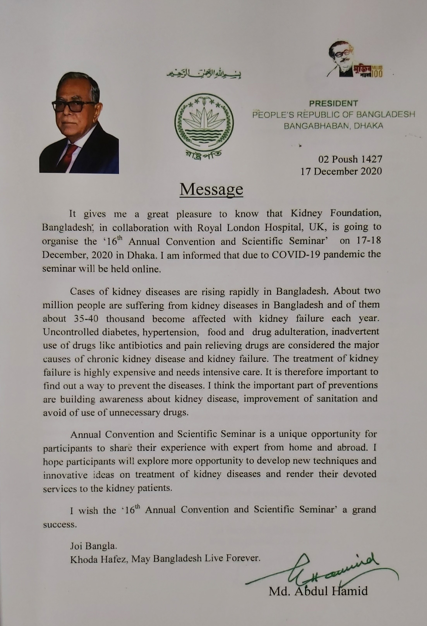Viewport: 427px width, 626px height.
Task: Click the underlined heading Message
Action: click(211, 189)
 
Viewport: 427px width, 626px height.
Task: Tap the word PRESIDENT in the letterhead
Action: click(333, 103)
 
